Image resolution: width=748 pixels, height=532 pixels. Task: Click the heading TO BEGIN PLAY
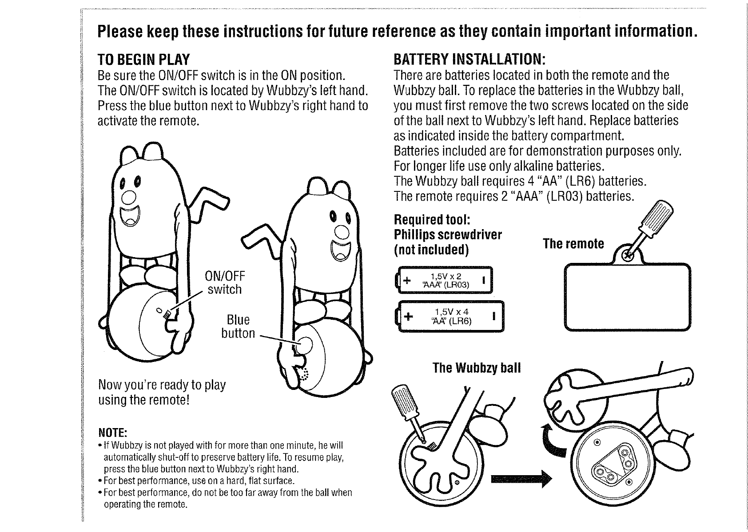tap(143, 60)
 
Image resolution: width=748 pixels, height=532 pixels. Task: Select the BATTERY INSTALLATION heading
tap(469, 60)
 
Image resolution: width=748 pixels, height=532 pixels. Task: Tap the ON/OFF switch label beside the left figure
tap(225, 283)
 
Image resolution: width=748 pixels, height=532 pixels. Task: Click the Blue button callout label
tap(238, 327)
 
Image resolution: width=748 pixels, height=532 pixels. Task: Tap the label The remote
tap(573, 244)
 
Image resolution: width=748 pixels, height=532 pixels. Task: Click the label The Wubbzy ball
tap(477, 368)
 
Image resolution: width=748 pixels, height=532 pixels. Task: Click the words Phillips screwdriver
tap(448, 235)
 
